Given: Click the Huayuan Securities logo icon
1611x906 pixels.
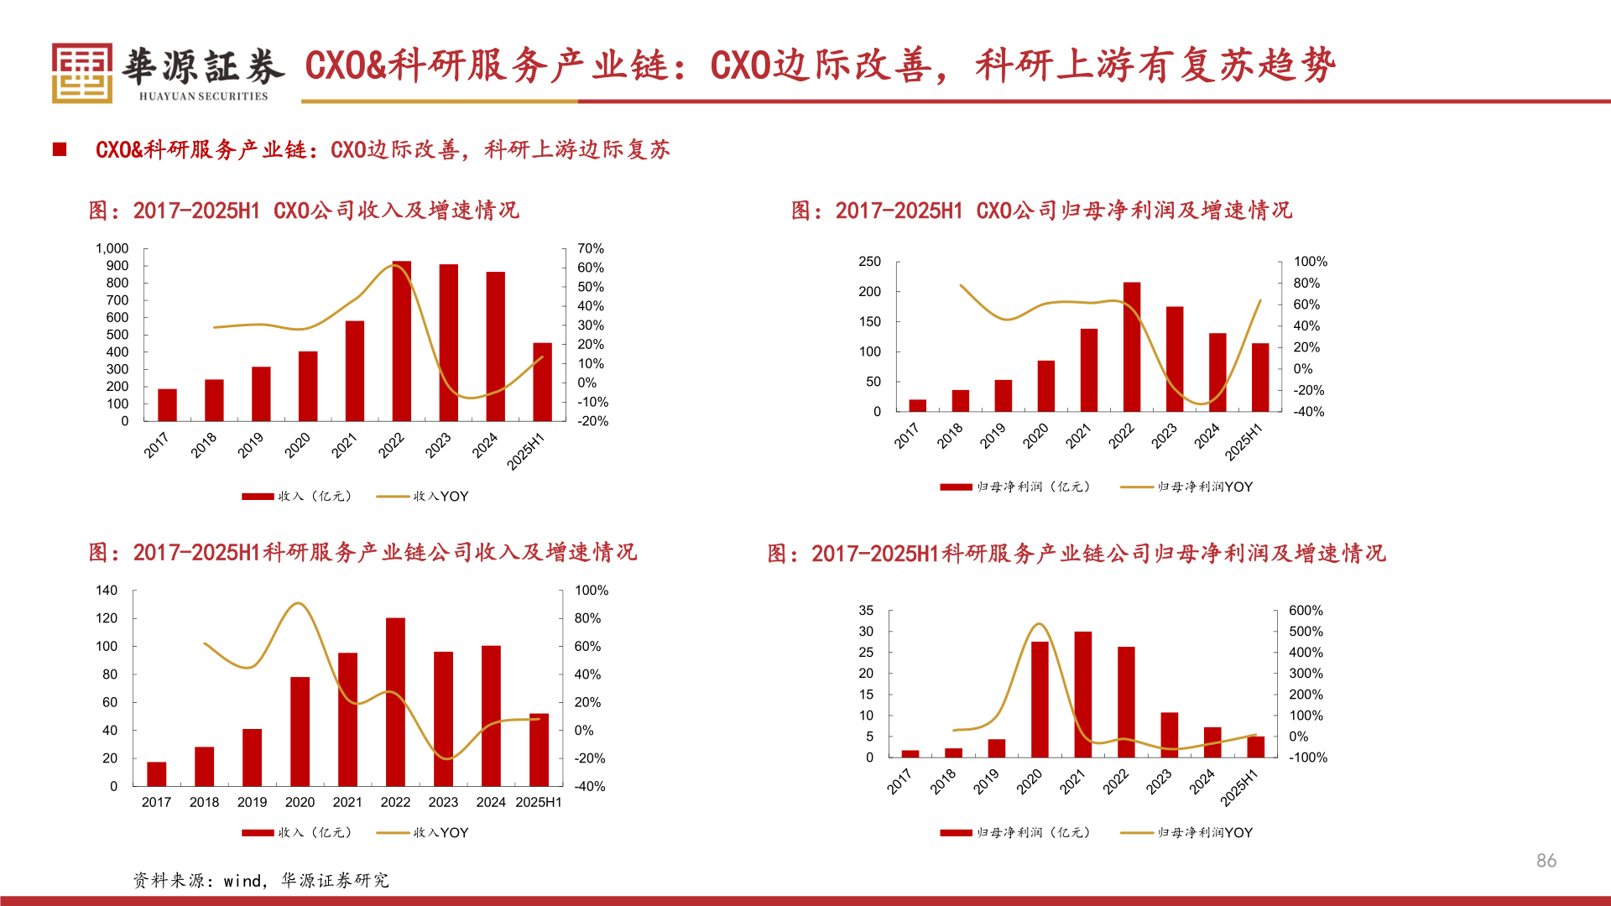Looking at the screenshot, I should pyautogui.click(x=81, y=73).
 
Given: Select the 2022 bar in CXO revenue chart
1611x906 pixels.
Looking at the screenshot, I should pyautogui.click(x=402, y=341).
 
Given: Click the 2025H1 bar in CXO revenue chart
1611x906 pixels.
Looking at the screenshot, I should pyautogui.click(x=542, y=382).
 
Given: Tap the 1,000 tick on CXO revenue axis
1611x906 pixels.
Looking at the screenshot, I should pyautogui.click(x=112, y=248).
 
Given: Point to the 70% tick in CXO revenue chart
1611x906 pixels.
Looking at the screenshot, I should pyautogui.click(x=591, y=248).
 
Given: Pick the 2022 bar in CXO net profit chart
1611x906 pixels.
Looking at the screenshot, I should pyautogui.click(x=1132, y=347).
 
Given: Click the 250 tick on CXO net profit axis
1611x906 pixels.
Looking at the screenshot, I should pyautogui.click(x=869, y=262).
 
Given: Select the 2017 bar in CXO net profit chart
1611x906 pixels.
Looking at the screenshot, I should pyautogui.click(x=918, y=405).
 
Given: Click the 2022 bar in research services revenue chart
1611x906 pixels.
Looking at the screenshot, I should pyautogui.click(x=395, y=702).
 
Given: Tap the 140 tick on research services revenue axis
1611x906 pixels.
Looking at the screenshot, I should pyautogui.click(x=107, y=591).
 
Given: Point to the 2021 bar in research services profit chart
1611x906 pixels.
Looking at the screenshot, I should pyautogui.click(x=1083, y=695).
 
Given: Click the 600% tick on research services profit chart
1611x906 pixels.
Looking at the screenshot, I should pyautogui.click(x=1306, y=611).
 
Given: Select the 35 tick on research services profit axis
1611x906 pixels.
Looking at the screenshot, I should pyautogui.click(x=866, y=611).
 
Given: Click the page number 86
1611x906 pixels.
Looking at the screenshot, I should pyautogui.click(x=1546, y=861).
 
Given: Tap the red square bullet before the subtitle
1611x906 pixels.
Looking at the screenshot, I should pyautogui.click(x=60, y=149).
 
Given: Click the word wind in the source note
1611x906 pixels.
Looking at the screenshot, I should pyautogui.click(x=242, y=881).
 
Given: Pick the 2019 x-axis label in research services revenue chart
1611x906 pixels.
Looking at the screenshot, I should pyautogui.click(x=252, y=803).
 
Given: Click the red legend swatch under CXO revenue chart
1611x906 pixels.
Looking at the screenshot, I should pyautogui.click(x=258, y=497).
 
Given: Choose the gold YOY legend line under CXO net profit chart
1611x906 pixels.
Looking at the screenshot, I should pyautogui.click(x=1137, y=487).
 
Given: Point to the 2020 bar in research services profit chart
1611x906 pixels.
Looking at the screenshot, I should pyautogui.click(x=1040, y=700).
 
